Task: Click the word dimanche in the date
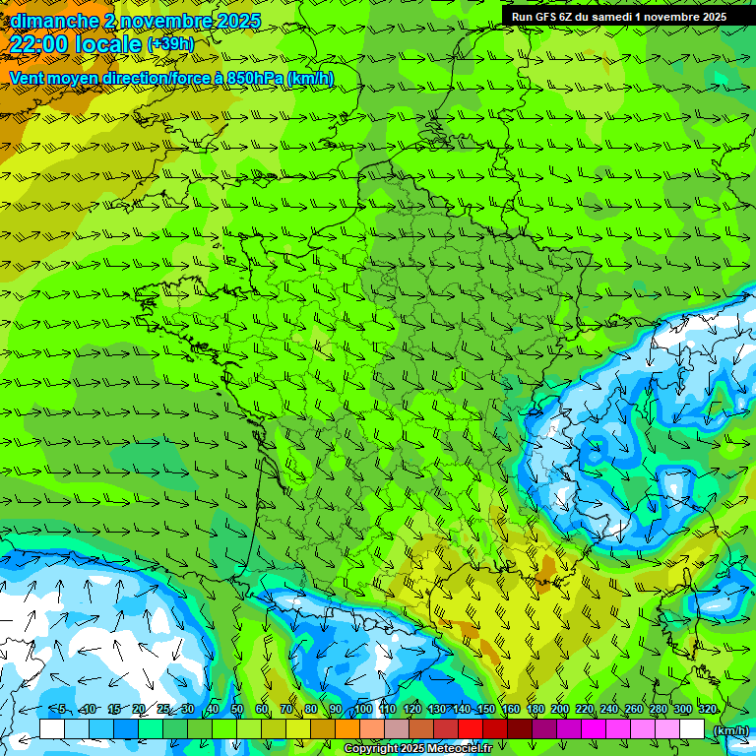click(x=53, y=21)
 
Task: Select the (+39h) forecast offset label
click(x=170, y=44)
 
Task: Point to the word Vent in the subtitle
click(x=28, y=78)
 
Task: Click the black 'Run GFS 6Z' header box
click(x=628, y=16)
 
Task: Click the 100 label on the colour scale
click(x=363, y=710)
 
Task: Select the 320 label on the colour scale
click(x=707, y=710)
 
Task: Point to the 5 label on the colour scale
click(x=61, y=710)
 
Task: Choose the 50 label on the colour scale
click(x=237, y=710)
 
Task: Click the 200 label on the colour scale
click(x=560, y=710)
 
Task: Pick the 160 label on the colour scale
click(x=511, y=710)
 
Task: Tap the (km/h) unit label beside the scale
click(x=730, y=730)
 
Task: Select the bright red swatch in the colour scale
click(x=471, y=728)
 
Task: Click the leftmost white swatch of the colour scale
click(x=52, y=728)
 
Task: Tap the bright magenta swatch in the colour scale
click(x=594, y=728)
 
